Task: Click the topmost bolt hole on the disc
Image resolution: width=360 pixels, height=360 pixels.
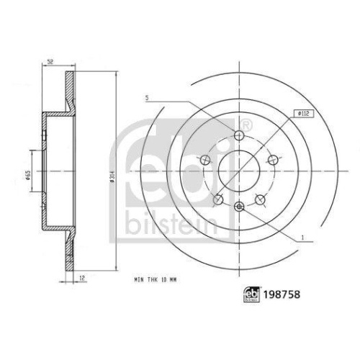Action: [240, 135]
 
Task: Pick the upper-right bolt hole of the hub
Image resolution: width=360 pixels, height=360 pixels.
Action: [273, 160]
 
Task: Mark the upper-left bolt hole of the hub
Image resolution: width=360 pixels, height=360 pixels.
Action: [206, 160]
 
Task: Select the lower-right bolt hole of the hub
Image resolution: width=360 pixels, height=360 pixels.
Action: [260, 199]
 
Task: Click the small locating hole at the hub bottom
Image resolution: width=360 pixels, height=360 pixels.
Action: [240, 207]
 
